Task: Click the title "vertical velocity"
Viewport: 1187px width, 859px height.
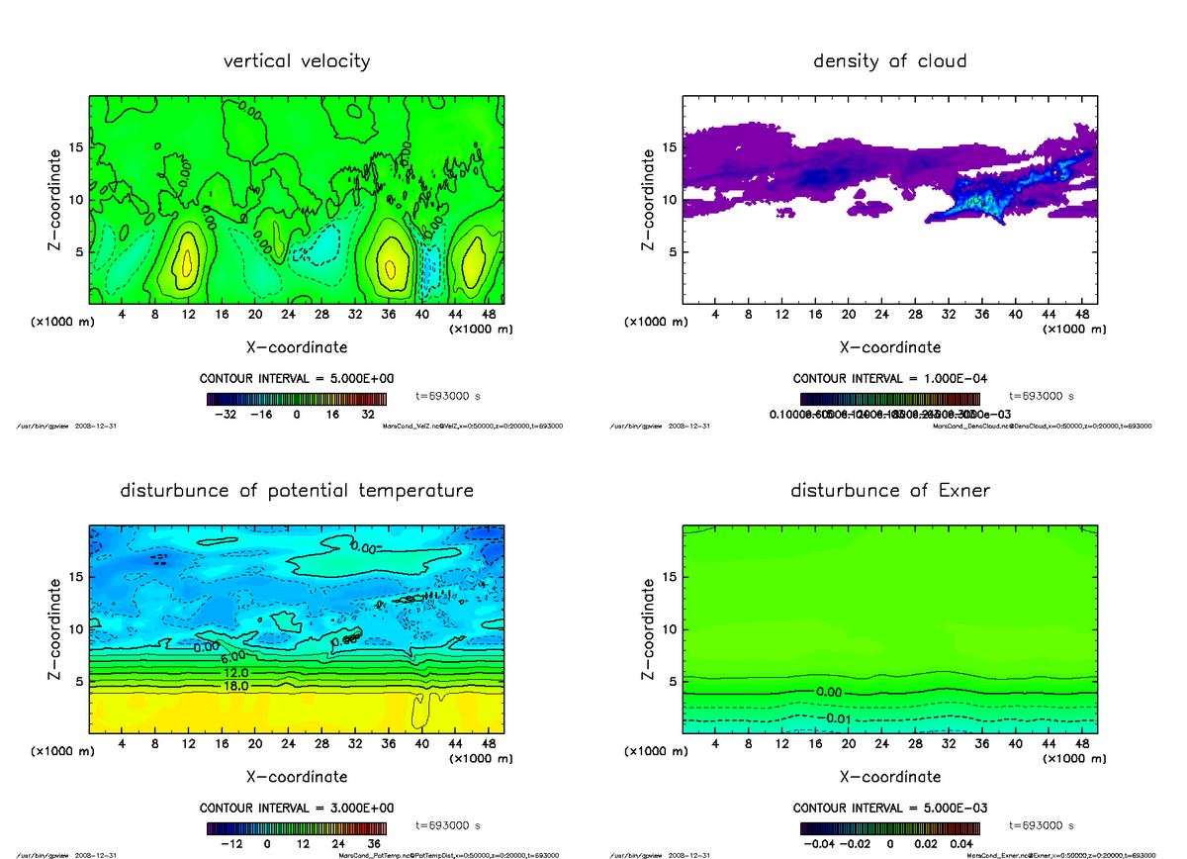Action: [297, 61]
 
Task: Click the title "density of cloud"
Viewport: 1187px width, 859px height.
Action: [889, 61]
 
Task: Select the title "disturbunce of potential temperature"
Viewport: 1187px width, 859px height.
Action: [297, 491]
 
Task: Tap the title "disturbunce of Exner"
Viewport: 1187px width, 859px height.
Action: [889, 491]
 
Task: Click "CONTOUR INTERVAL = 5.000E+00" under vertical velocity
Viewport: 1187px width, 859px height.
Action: [298, 379]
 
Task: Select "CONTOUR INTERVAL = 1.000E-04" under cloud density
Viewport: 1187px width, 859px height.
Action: [890, 379]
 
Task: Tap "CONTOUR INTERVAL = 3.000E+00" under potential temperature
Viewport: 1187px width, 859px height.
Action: [298, 809]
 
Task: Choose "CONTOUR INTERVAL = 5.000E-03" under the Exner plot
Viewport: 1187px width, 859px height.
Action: [890, 809]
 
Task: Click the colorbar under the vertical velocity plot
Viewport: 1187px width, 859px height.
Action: [298, 400]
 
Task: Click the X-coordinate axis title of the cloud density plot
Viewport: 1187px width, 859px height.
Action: [889, 347]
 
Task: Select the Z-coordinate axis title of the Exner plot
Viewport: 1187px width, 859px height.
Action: [650, 629]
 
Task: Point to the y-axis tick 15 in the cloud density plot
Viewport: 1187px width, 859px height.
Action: [669, 147]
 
